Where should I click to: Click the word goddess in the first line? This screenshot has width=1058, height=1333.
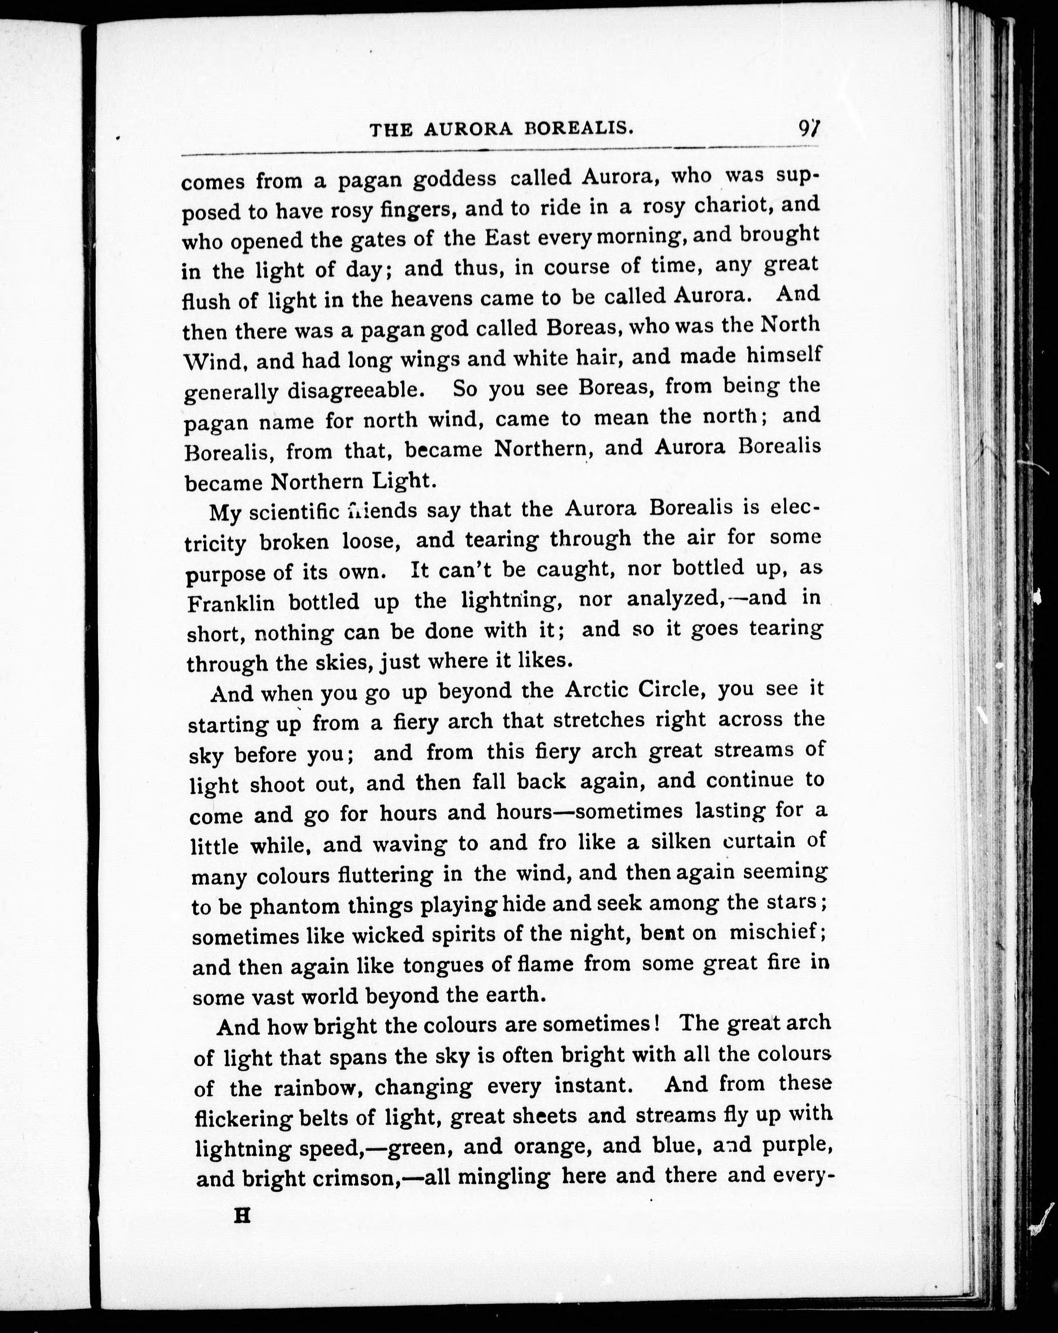click(454, 179)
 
